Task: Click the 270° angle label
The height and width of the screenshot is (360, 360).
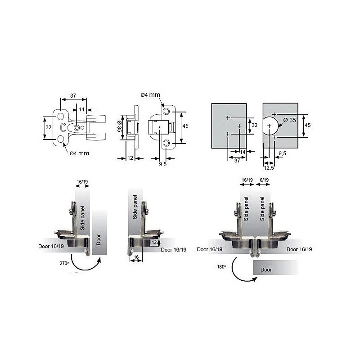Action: pyautogui.click(x=64, y=263)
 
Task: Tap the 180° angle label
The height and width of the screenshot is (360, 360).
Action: pyautogui.click(x=221, y=267)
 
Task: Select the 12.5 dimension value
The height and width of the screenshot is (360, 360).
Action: pyautogui.click(x=269, y=168)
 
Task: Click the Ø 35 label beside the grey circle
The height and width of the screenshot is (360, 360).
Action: pyautogui.click(x=289, y=120)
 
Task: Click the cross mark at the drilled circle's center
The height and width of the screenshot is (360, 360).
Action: pyautogui.click(x=269, y=126)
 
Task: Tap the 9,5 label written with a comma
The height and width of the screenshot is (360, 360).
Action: pyautogui.click(x=283, y=153)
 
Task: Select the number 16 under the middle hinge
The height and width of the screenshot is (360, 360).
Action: pyautogui.click(x=136, y=257)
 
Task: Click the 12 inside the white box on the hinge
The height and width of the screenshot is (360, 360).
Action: pyautogui.click(x=154, y=242)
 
